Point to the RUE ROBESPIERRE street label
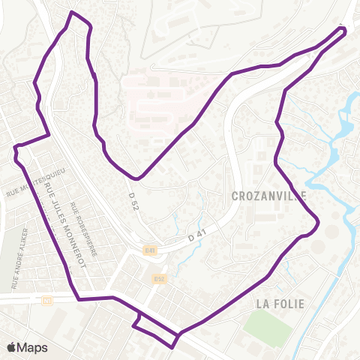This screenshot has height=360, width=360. pyautogui.click(x=77, y=236)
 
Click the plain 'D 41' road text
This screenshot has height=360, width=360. pyautogui.click(x=197, y=235)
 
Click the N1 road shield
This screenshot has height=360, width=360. pyautogui.click(x=47, y=300)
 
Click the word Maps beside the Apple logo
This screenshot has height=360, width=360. pyautogui.click(x=33, y=347)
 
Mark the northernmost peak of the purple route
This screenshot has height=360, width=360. pyautogui.click(x=72, y=13)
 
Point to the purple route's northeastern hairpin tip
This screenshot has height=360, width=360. pyautogui.click(x=345, y=31)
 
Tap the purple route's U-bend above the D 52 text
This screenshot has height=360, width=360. pyautogui.click(x=136, y=178)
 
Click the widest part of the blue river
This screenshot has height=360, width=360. pyautogui.click(x=343, y=124)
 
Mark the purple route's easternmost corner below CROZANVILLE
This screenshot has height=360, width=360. pyautogui.click(x=319, y=222)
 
